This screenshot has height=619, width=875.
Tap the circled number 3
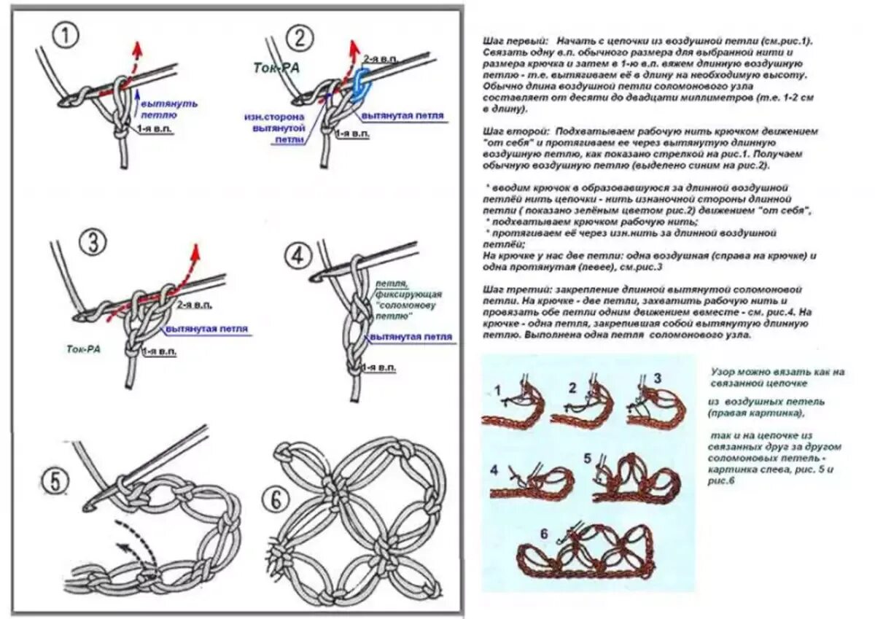click(x=93, y=242)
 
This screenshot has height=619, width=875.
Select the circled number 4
click(x=299, y=255)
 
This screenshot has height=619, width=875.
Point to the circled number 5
click(x=55, y=481)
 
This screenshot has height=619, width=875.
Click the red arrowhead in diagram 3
click(x=195, y=250)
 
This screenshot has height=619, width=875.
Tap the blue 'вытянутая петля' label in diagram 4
click(x=410, y=338)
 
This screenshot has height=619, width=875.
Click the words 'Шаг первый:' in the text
click(x=510, y=42)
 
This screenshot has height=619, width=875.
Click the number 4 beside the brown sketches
click(x=494, y=470)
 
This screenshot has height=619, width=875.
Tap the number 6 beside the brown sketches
click(x=543, y=534)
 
